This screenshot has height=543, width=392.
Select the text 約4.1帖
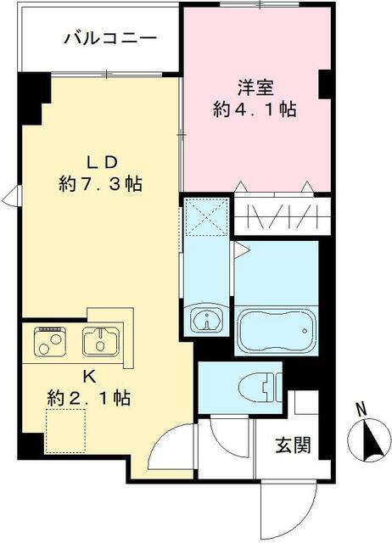tap(255, 109)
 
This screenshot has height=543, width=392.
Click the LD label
tap(101, 161)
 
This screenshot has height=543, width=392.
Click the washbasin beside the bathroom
tap(206, 321)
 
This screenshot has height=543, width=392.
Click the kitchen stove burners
tap(48, 342)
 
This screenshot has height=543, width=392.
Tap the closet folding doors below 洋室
tap(276, 217)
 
